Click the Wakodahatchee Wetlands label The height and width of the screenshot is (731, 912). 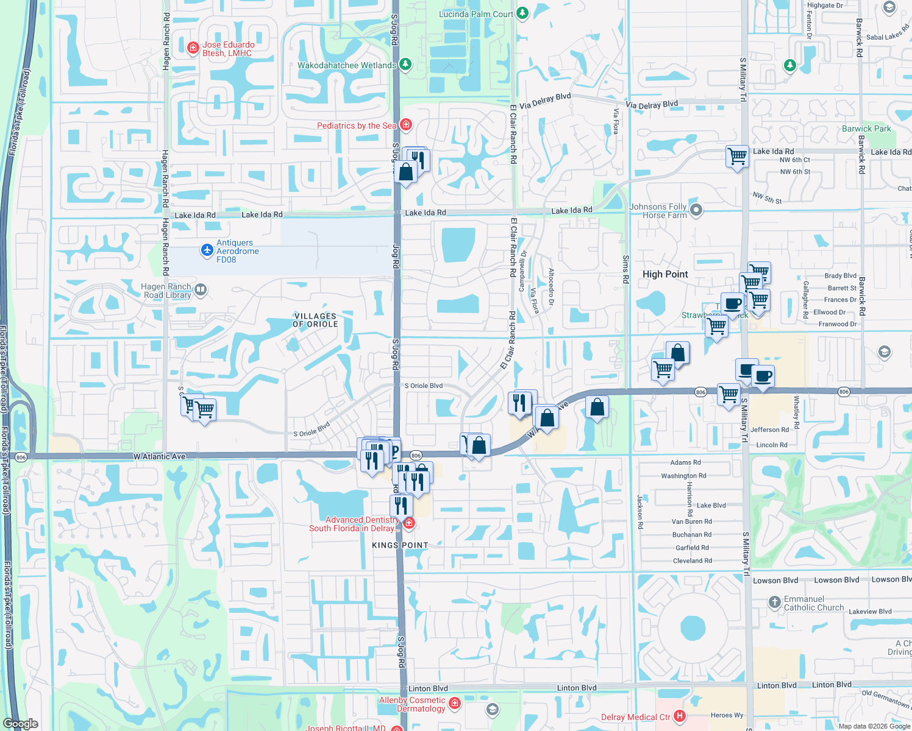347,65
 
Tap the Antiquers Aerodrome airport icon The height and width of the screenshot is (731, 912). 207,250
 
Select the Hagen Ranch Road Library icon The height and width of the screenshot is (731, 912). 201,290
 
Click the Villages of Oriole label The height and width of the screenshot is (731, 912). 315,320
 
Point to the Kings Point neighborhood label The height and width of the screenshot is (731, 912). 400,545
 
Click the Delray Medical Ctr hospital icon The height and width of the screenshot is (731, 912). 680,716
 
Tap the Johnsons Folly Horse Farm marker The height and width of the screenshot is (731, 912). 696,210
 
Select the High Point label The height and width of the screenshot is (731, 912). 665,274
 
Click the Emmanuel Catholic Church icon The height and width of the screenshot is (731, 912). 774,602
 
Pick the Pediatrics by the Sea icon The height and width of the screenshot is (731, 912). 406,125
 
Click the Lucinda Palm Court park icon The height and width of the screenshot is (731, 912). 522,13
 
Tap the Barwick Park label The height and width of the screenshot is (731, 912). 866,129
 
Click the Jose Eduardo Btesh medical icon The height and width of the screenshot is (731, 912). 193,48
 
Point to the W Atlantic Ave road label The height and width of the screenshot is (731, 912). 159,456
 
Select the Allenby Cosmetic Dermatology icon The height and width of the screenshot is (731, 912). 454,704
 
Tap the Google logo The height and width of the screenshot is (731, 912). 21,723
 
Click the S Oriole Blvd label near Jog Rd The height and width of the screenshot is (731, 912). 424,386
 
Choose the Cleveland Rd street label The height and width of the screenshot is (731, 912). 692,560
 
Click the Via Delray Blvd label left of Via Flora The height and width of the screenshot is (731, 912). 545,101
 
